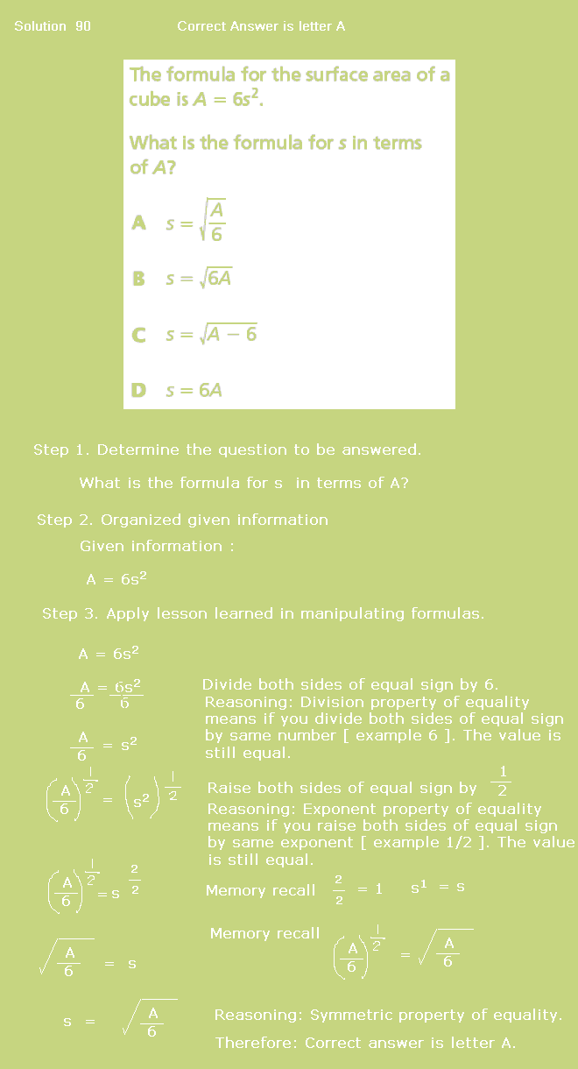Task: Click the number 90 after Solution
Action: pos(83,26)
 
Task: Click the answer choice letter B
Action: pos(138,279)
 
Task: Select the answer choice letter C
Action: pos(138,335)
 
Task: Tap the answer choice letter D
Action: pos(138,390)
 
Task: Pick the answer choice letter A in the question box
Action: pos(138,223)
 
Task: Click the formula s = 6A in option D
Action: pos(194,390)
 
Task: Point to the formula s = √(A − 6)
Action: pos(211,334)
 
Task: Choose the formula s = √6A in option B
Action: pos(199,279)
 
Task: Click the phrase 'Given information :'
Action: pos(157,546)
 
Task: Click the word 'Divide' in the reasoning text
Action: pos(225,684)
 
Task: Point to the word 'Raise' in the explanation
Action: pos(229,788)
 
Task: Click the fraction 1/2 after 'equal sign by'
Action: pos(502,781)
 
